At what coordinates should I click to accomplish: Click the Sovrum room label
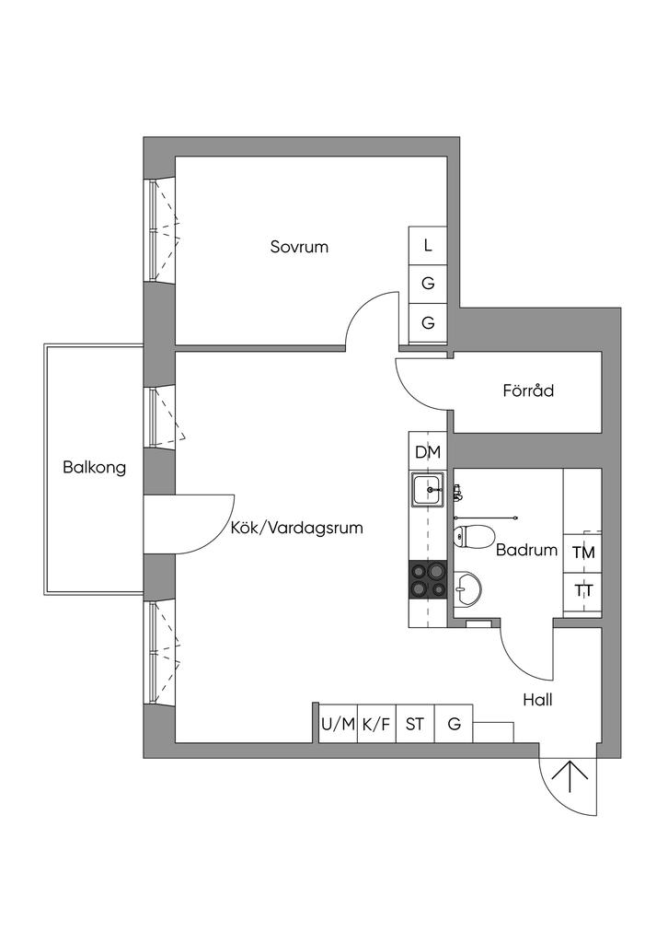pos(299,247)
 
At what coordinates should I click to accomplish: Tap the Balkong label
pos(94,467)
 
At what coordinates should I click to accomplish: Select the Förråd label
pos(528,390)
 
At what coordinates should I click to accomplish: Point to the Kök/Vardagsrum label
pos(296,529)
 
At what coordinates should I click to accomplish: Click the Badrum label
pos(526,551)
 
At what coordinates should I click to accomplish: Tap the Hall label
pos(537,700)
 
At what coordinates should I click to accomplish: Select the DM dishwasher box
pos(428,452)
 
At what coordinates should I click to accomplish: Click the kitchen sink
pos(428,489)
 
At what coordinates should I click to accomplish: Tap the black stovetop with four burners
pos(428,580)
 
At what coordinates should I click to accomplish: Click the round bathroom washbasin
pos(468,588)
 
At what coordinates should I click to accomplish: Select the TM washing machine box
pos(583,553)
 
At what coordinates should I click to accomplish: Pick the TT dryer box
pos(583,591)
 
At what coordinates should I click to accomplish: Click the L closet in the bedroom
pos(428,246)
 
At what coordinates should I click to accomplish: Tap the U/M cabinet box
pos(337,724)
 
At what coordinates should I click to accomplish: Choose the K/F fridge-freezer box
pos(375,724)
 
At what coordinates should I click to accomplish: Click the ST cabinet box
pos(415,724)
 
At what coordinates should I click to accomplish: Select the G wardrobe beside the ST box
pos(454,724)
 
